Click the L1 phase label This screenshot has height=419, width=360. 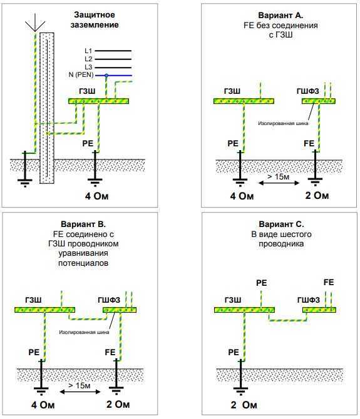point(88,51)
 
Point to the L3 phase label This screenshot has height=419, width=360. point(88,67)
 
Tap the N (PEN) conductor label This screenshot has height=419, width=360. point(81,75)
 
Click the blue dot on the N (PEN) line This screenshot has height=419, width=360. point(106,76)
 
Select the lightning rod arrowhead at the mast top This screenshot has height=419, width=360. point(35,26)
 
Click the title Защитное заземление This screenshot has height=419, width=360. point(94,19)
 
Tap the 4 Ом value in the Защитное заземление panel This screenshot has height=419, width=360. point(97,196)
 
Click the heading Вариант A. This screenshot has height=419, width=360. point(280,15)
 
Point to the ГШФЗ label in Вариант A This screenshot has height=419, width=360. point(308,91)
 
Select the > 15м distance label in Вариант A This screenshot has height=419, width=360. point(278,176)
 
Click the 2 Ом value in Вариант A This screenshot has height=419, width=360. point(317,195)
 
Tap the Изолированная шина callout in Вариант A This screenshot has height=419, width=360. point(283,123)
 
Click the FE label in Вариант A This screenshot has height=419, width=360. point(309,143)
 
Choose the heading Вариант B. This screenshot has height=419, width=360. point(83,224)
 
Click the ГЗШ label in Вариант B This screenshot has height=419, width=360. point(33,300)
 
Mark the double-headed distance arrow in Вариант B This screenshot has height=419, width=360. point(80,392)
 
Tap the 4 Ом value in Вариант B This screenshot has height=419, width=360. point(43,405)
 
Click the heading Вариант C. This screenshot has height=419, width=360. point(281,224)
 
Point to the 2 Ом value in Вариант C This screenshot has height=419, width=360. point(244,405)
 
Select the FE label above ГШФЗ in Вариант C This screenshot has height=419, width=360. point(329,282)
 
